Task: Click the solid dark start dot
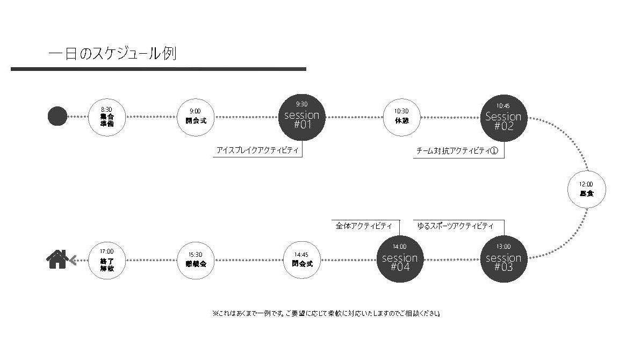pyautogui.click(x=57, y=116)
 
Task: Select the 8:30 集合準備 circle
pyautogui.click(x=106, y=117)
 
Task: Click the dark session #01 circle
pyautogui.click(x=301, y=117)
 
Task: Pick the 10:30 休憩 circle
pyautogui.click(x=401, y=117)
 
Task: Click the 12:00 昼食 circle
pyautogui.click(x=586, y=189)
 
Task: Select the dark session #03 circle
pyautogui.click(x=503, y=259)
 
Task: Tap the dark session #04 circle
pyautogui.click(x=399, y=259)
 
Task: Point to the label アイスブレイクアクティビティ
pyautogui.click(x=257, y=151)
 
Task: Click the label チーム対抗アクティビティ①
pyautogui.click(x=457, y=151)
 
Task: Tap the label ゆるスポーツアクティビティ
pyautogui.click(x=456, y=226)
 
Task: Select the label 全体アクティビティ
pyautogui.click(x=364, y=226)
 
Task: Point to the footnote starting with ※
pyautogui.click(x=327, y=313)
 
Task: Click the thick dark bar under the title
pyautogui.click(x=158, y=69)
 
